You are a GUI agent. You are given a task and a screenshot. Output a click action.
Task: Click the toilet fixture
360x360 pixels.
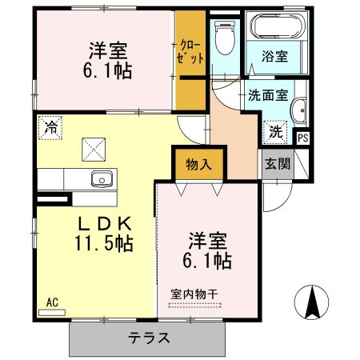point(225,38)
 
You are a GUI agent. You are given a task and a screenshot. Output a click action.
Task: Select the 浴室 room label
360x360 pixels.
point(274,56)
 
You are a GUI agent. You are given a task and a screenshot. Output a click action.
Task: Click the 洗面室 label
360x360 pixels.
point(268,95)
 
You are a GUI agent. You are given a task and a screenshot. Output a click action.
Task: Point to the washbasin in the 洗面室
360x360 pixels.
point(299,111)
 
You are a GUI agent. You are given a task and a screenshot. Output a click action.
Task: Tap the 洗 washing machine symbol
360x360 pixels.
point(275,132)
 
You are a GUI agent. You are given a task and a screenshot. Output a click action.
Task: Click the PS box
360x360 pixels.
point(302,138)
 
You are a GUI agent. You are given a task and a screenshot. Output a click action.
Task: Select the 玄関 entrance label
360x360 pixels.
point(278,163)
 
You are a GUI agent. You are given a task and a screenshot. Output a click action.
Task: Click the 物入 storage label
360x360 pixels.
point(198,164)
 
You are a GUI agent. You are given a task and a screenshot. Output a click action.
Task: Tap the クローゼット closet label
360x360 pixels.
point(190,52)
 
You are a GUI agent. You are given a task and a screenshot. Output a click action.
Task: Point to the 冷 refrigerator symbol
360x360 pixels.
point(50,127)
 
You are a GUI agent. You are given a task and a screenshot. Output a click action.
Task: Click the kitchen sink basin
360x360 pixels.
point(102,178)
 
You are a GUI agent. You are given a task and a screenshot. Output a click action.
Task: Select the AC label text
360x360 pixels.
point(52,302)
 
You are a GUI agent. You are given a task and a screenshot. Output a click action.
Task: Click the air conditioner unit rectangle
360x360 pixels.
point(52,312)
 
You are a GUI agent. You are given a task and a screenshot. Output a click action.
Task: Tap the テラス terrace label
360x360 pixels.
point(149,338)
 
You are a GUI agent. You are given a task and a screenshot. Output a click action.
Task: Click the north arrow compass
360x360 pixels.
point(311,302)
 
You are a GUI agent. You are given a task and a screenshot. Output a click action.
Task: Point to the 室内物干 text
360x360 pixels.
point(194,294)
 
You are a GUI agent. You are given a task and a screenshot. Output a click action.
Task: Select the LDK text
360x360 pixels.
point(105,224)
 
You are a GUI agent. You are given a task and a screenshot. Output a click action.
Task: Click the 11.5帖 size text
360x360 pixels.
point(104,243)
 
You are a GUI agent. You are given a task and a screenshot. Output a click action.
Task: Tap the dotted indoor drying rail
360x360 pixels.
point(195,305)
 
